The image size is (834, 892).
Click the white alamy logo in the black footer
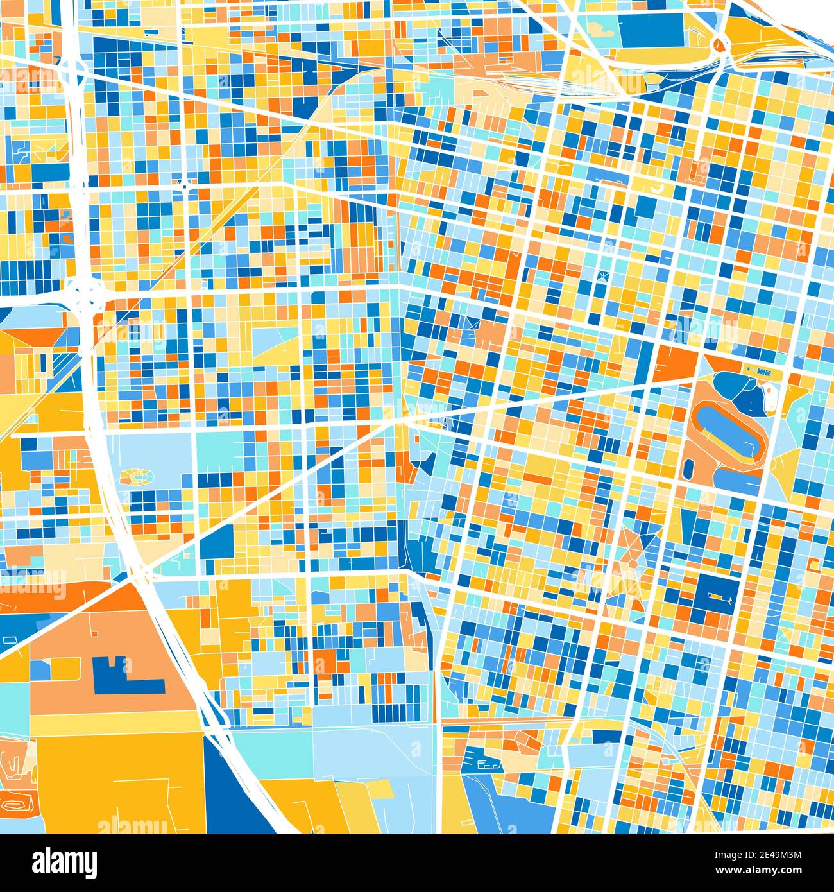64,862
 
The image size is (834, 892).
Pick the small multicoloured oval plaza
137,476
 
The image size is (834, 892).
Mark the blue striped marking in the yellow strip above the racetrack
763,372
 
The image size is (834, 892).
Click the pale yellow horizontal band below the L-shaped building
115,725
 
